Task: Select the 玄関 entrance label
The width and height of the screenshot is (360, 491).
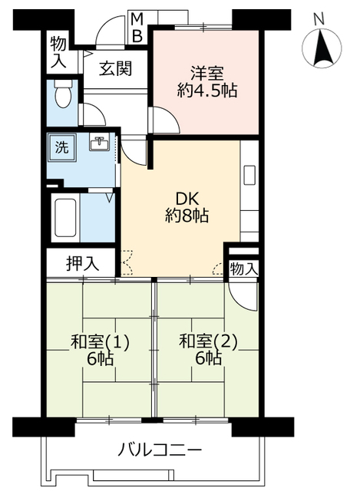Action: pyautogui.click(x=113, y=68)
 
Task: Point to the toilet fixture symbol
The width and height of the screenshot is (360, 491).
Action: pyautogui.click(x=64, y=96)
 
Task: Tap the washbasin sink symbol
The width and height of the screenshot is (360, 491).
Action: pyautogui.click(x=99, y=143)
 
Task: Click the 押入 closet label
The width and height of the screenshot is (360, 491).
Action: pyautogui.click(x=81, y=263)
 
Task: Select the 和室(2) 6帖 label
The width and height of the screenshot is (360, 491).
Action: pyautogui.click(x=203, y=350)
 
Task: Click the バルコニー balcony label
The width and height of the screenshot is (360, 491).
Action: pyautogui.click(x=160, y=450)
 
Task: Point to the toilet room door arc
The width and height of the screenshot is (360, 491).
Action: pyautogui.click(x=92, y=115)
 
